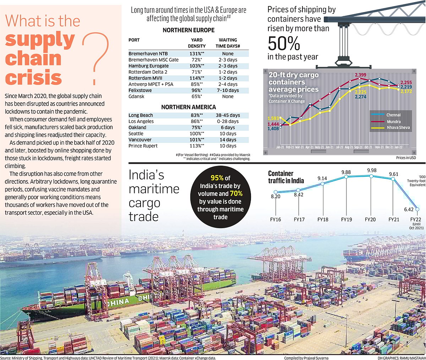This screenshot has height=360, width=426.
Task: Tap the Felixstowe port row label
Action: click(140, 90)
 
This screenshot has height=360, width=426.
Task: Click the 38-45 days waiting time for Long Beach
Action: click(228, 115)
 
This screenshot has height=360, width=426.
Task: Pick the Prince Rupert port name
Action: click(143, 146)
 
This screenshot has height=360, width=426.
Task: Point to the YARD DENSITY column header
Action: click(197, 43)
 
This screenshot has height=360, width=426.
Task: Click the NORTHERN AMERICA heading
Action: click(189, 107)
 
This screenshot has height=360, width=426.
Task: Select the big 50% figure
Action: click(284, 44)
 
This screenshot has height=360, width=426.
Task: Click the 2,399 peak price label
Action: click(361, 75)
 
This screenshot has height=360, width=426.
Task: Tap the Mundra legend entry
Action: click(394, 122)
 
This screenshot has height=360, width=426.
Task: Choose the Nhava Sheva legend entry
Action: click(398, 128)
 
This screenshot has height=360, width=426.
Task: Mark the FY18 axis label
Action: click(323, 220)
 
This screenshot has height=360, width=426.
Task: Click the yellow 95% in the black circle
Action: click(217, 178)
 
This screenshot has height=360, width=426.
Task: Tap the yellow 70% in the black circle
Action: click(236, 194)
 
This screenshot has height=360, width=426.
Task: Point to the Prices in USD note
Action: click(406, 158)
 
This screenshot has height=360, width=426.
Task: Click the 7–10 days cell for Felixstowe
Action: click(228, 90)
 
